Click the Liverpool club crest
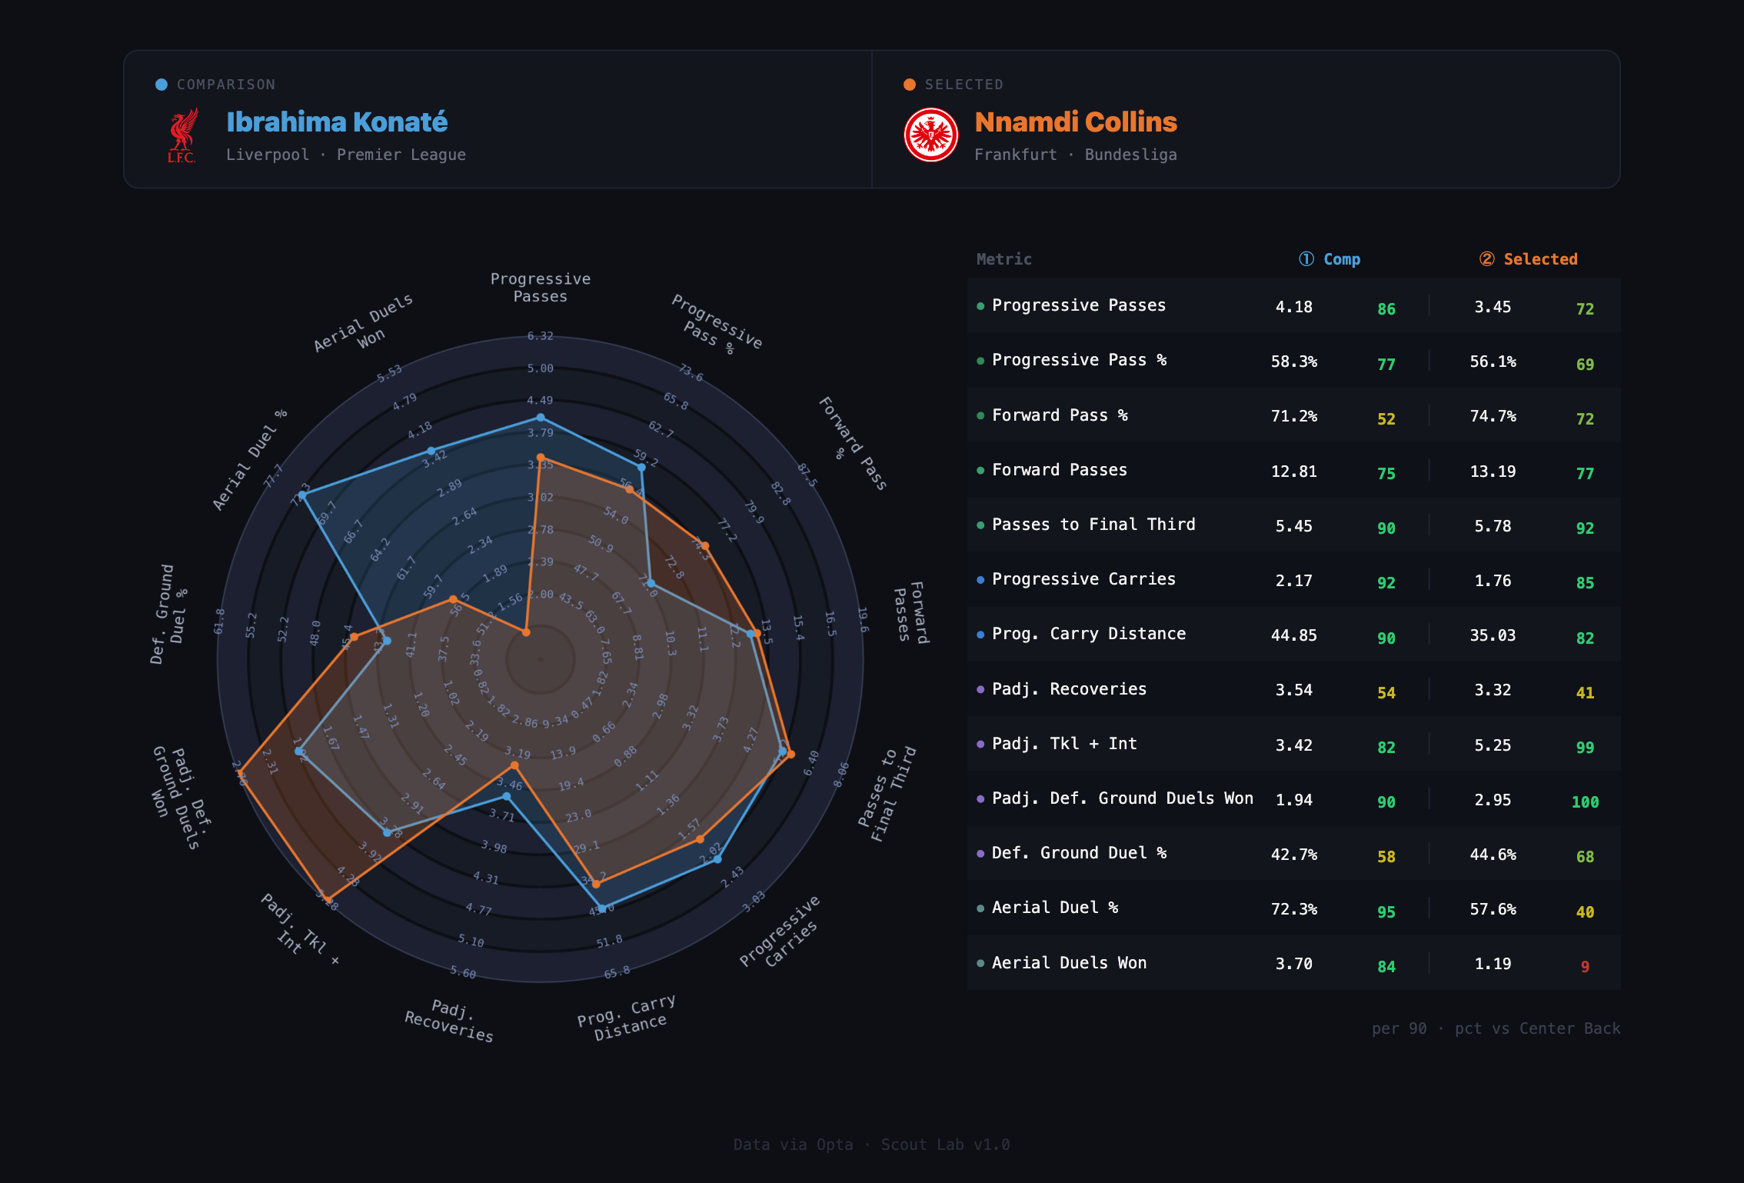click(x=182, y=135)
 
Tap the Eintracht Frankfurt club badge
click(x=930, y=135)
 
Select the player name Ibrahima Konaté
click(x=337, y=122)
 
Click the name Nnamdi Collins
click(x=1076, y=122)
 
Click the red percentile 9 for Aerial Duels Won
click(x=1585, y=967)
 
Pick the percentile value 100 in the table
click(x=1585, y=802)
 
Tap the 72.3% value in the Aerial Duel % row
click(x=1294, y=909)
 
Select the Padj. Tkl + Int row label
click(x=1064, y=744)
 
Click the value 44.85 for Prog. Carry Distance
click(x=1294, y=635)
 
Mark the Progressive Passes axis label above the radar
click(x=541, y=288)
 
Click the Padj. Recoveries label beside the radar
click(x=450, y=1020)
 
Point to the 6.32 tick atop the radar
click(x=541, y=336)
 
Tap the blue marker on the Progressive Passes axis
click(x=541, y=418)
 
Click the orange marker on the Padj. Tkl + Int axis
click(x=328, y=898)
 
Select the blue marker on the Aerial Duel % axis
click(x=302, y=496)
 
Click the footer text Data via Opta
click(x=793, y=1145)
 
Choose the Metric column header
click(x=1003, y=259)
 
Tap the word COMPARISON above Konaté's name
click(x=226, y=85)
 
